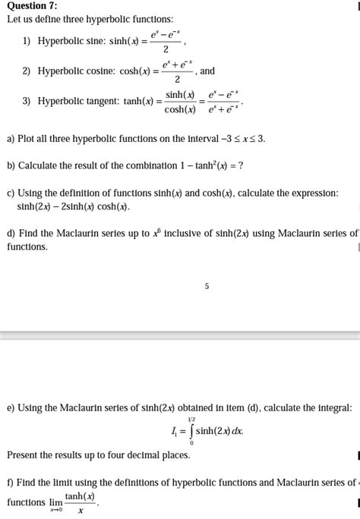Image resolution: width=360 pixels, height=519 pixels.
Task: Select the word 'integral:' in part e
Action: (x=331, y=408)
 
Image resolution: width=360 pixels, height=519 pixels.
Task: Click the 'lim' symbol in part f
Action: (x=55, y=502)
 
